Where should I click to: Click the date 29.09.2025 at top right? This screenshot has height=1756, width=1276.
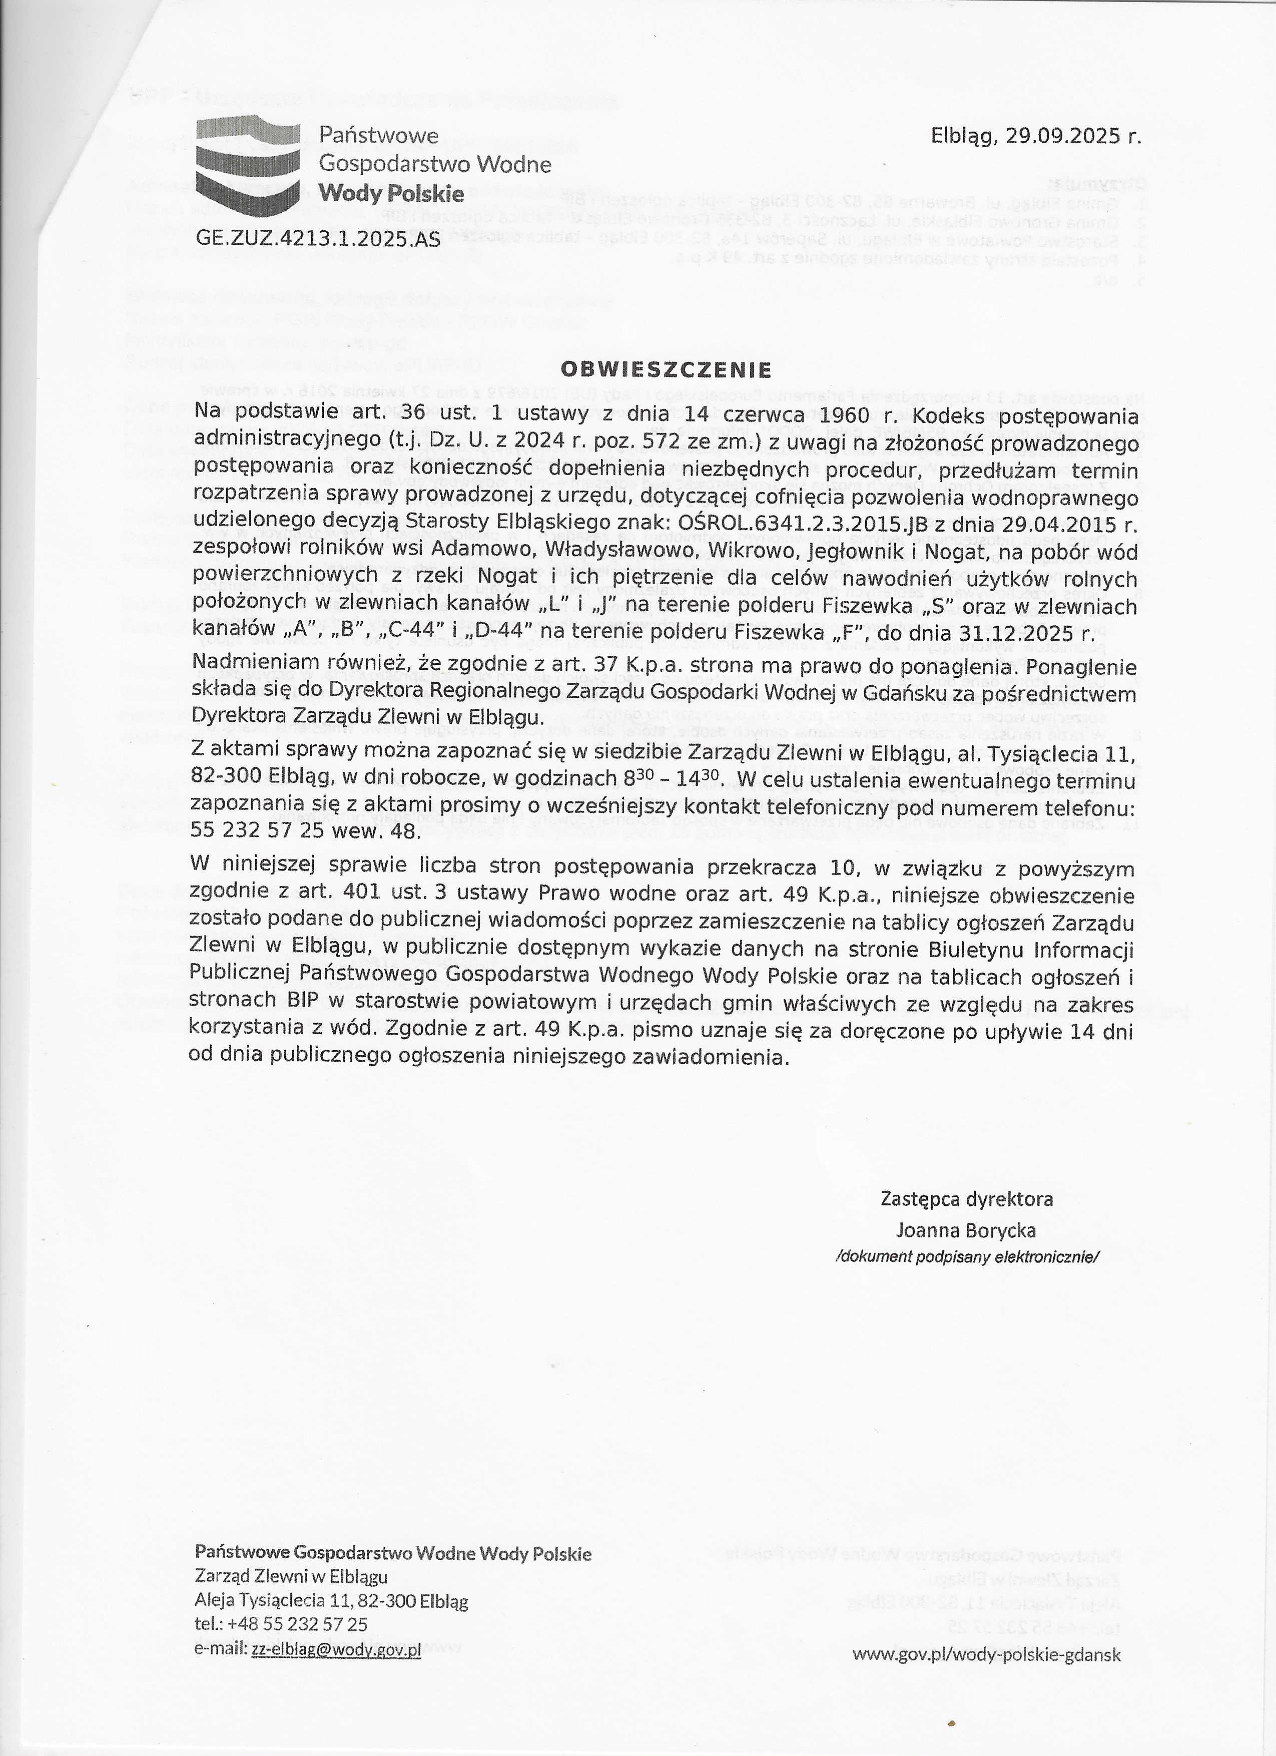pyautogui.click(x=1074, y=137)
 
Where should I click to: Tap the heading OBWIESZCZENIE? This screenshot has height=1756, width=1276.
pyautogui.click(x=666, y=368)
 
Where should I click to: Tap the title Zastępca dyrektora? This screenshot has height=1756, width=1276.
pyautogui.click(x=966, y=1199)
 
